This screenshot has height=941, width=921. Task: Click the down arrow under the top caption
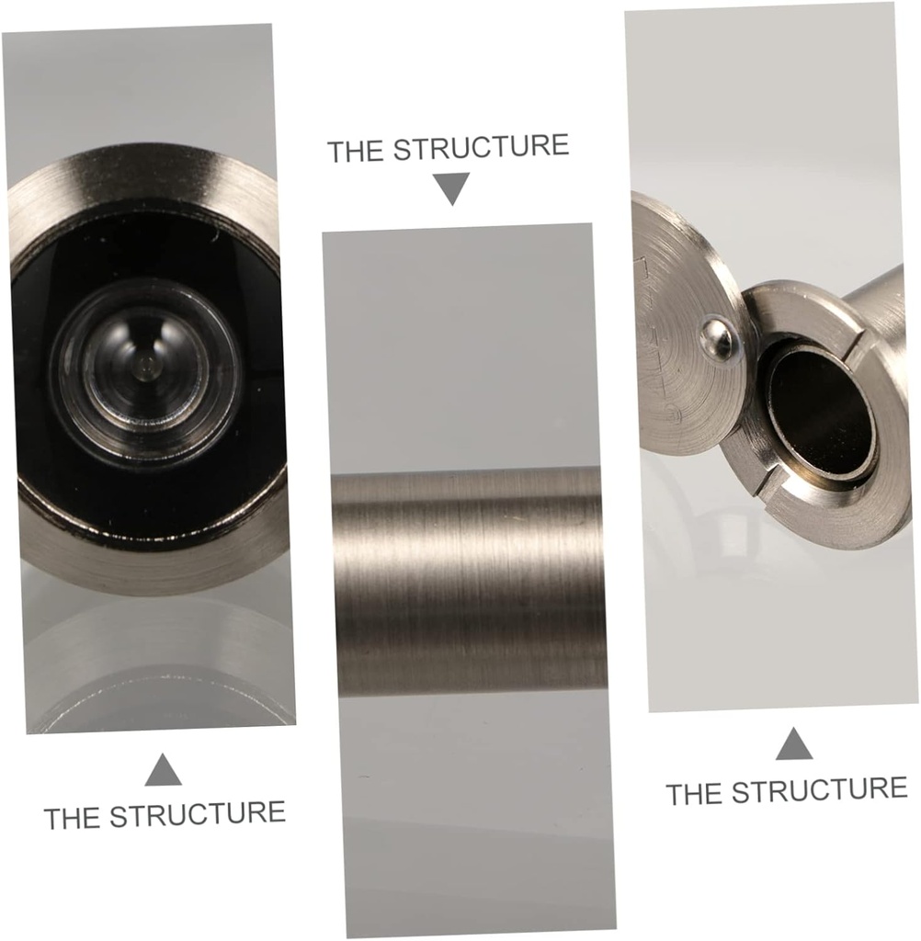451,188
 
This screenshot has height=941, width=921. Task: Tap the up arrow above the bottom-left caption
163,770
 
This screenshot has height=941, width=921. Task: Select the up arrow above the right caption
793,743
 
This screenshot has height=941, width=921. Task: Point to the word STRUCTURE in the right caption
823,789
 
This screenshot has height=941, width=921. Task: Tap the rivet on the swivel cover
718,339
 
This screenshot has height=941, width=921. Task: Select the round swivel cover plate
681,349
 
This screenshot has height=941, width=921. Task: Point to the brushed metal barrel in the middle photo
470,579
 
